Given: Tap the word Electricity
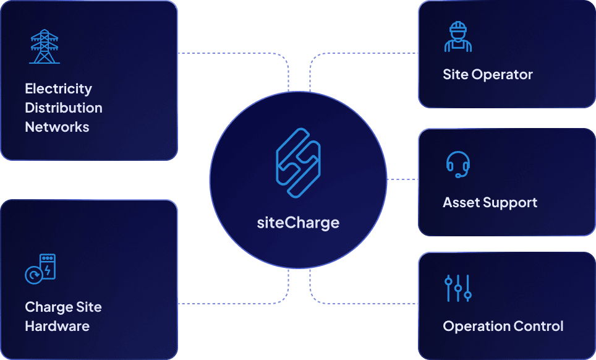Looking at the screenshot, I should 58,88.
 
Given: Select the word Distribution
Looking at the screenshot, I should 63,108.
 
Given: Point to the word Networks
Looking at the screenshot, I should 57,127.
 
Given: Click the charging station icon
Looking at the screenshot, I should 41,268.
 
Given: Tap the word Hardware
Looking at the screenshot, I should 57,326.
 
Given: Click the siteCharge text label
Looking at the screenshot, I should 298,222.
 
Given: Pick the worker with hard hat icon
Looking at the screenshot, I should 458,36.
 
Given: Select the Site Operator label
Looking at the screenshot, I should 487,75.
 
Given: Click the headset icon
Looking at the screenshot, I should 458,164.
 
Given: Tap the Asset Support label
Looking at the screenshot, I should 490,202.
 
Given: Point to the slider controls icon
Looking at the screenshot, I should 458,288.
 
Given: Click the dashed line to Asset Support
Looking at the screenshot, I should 402,179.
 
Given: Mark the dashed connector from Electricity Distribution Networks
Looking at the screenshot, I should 235,53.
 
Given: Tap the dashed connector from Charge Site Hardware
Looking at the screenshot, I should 235,303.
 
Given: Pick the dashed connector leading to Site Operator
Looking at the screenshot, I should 365,53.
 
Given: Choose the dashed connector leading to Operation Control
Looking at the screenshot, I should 365,303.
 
